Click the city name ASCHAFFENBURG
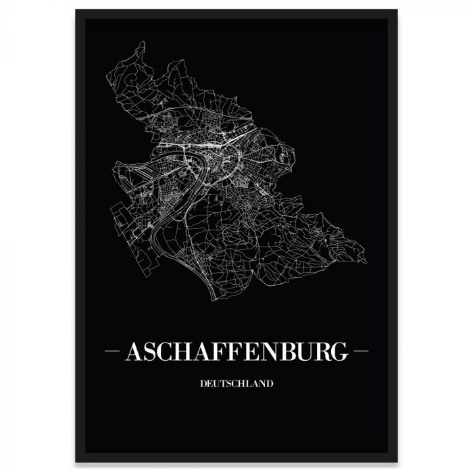click(x=236, y=351)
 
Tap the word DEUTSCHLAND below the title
click(x=236, y=384)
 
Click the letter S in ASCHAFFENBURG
click(x=149, y=351)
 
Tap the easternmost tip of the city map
click(x=366, y=262)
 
